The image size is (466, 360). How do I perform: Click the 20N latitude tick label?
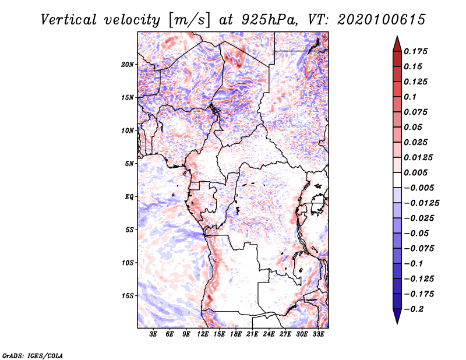point(128,65)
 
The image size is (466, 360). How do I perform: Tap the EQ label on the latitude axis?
point(129,197)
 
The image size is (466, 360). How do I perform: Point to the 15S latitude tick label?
point(128,296)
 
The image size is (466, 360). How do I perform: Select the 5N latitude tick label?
point(129,164)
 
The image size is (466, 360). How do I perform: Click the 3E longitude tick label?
point(153,334)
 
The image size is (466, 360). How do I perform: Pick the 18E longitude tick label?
point(235,334)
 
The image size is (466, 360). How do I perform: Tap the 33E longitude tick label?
point(318,334)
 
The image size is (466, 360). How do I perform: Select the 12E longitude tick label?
point(202,334)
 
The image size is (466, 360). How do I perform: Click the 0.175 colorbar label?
point(415,51)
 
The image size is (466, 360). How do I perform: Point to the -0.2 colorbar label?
point(414,309)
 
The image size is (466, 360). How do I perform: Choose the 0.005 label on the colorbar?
point(415,172)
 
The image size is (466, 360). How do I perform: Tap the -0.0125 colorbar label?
point(421,203)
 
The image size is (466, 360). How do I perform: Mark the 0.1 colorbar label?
point(410,97)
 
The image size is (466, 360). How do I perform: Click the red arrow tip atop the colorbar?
point(397,37)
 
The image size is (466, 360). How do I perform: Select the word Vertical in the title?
point(69,20)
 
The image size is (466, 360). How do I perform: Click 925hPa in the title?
point(269,20)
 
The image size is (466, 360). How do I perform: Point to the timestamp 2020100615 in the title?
point(382,20)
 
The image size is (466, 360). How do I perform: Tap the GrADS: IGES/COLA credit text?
point(33,355)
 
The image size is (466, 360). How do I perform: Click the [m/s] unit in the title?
point(189,20)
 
